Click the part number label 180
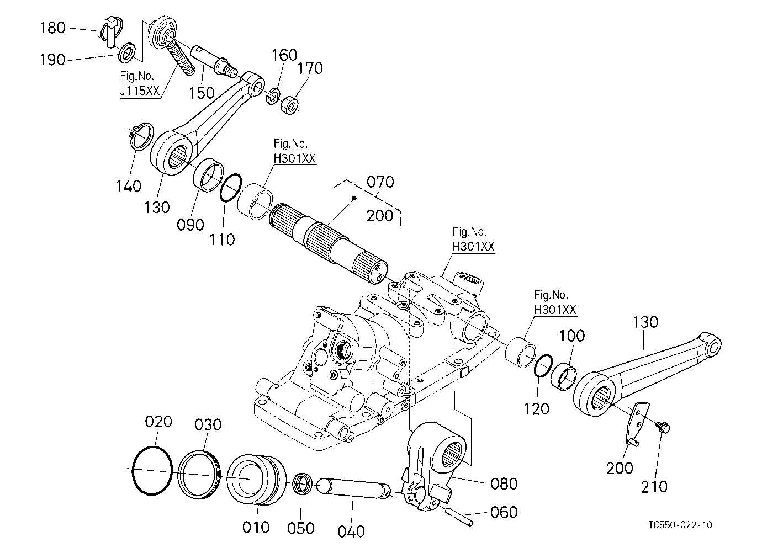(x=52, y=28)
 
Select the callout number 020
(x=158, y=422)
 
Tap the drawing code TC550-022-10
(x=680, y=525)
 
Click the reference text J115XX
(x=140, y=91)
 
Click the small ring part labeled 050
(x=302, y=483)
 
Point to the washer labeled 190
(x=127, y=53)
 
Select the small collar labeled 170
(x=290, y=105)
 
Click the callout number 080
(x=504, y=483)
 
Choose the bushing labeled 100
(x=563, y=377)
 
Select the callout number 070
(x=380, y=182)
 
